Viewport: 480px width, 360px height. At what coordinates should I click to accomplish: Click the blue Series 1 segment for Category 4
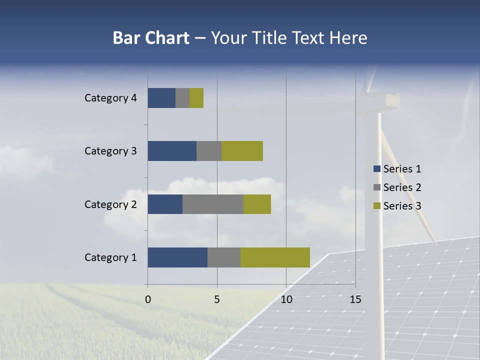(161, 98)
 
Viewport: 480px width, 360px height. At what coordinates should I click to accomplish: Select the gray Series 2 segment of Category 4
(182, 98)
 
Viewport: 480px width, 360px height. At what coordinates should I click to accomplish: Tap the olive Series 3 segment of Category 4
(196, 98)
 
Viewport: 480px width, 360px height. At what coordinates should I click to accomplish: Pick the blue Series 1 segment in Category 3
(172, 151)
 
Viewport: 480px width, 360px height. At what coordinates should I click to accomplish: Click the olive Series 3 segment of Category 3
(242, 151)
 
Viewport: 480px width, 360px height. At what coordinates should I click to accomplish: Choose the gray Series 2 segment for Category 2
(213, 204)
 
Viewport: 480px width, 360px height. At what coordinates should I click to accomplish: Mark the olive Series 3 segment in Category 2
(257, 204)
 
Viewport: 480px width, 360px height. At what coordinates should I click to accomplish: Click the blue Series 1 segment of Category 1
(177, 257)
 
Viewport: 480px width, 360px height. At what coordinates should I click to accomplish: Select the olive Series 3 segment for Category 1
(275, 257)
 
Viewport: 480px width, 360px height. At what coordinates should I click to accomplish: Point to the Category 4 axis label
(110, 98)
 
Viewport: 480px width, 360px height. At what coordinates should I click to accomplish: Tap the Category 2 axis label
(110, 204)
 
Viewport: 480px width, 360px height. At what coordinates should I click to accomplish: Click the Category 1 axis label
(110, 257)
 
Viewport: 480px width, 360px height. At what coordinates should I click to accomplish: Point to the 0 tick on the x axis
(147, 299)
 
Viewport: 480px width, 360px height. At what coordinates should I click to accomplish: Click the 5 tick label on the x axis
(217, 299)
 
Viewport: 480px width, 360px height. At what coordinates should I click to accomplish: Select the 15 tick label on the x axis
(355, 299)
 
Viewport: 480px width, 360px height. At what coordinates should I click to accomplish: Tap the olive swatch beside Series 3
(376, 206)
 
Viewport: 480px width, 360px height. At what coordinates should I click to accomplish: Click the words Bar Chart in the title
(151, 38)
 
